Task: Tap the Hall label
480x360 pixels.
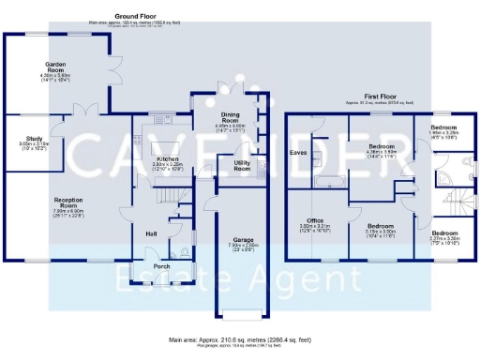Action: click(151, 233)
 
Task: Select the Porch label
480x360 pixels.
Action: click(161, 265)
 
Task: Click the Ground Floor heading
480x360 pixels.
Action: click(136, 17)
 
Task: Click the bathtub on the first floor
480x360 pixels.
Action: click(329, 181)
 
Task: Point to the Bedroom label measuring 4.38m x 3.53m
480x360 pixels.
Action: click(380, 147)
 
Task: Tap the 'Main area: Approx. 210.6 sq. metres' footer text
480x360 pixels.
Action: click(239, 340)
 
